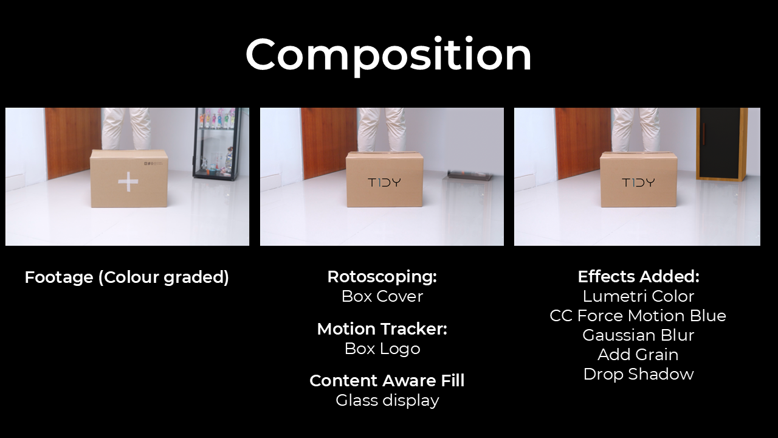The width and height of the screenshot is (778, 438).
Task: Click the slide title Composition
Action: point(388,55)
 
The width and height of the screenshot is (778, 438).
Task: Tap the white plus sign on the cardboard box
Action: point(128,181)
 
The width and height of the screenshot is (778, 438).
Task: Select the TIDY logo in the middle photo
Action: point(385,182)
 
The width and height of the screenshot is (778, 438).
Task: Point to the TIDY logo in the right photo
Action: point(638,182)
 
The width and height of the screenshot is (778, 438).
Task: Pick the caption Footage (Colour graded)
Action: point(127,277)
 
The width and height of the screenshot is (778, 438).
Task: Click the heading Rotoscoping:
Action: point(382,277)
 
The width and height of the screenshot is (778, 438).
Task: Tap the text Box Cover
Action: point(382,296)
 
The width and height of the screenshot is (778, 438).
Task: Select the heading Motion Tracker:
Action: point(382,329)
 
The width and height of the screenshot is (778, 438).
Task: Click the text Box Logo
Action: point(382,349)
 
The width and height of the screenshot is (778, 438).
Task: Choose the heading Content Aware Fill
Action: point(387,381)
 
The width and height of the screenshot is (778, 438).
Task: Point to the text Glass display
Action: point(387,400)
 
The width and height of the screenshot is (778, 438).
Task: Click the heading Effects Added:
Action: point(638,277)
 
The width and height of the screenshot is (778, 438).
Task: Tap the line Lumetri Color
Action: point(638,296)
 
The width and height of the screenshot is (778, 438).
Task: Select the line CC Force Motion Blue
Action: point(638,316)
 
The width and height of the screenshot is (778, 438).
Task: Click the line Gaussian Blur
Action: point(638,335)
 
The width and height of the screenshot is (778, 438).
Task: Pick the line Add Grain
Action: point(638,355)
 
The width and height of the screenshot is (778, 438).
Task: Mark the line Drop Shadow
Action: point(638,374)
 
